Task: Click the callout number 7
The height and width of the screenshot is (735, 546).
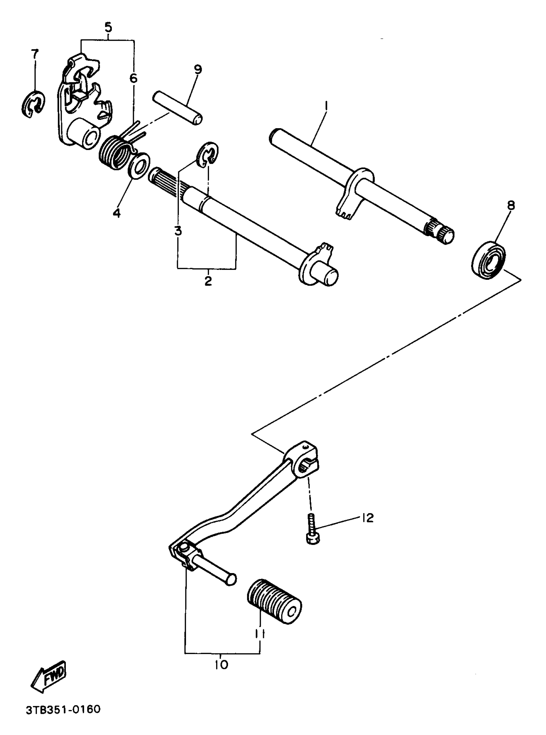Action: [x=35, y=54]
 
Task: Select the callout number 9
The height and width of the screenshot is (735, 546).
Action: [x=198, y=69]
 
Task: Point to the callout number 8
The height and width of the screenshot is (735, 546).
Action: [x=511, y=206]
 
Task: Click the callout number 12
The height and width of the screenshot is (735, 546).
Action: [x=367, y=518]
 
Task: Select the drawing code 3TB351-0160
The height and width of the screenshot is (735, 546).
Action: [x=63, y=709]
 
